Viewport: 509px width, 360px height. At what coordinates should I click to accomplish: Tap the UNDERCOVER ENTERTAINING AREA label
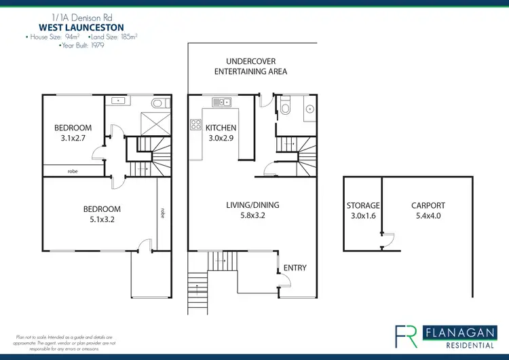[x=250, y=66]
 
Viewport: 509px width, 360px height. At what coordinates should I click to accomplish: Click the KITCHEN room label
[x=221, y=128]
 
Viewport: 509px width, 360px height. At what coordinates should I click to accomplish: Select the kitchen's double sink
[x=221, y=103]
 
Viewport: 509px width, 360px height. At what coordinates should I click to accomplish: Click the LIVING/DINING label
[x=252, y=205]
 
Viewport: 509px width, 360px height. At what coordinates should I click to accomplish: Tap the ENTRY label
[x=295, y=268]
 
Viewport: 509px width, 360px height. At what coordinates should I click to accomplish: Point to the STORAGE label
[x=363, y=205]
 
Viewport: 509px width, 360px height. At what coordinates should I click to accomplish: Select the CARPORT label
[x=428, y=205]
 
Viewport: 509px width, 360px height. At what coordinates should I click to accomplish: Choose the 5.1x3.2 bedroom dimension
[x=102, y=220]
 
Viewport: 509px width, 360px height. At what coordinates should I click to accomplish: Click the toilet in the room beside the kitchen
[x=286, y=108]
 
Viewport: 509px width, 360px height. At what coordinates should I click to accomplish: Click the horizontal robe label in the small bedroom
[x=72, y=172]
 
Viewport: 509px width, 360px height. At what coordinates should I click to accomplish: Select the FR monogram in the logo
[x=407, y=336]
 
